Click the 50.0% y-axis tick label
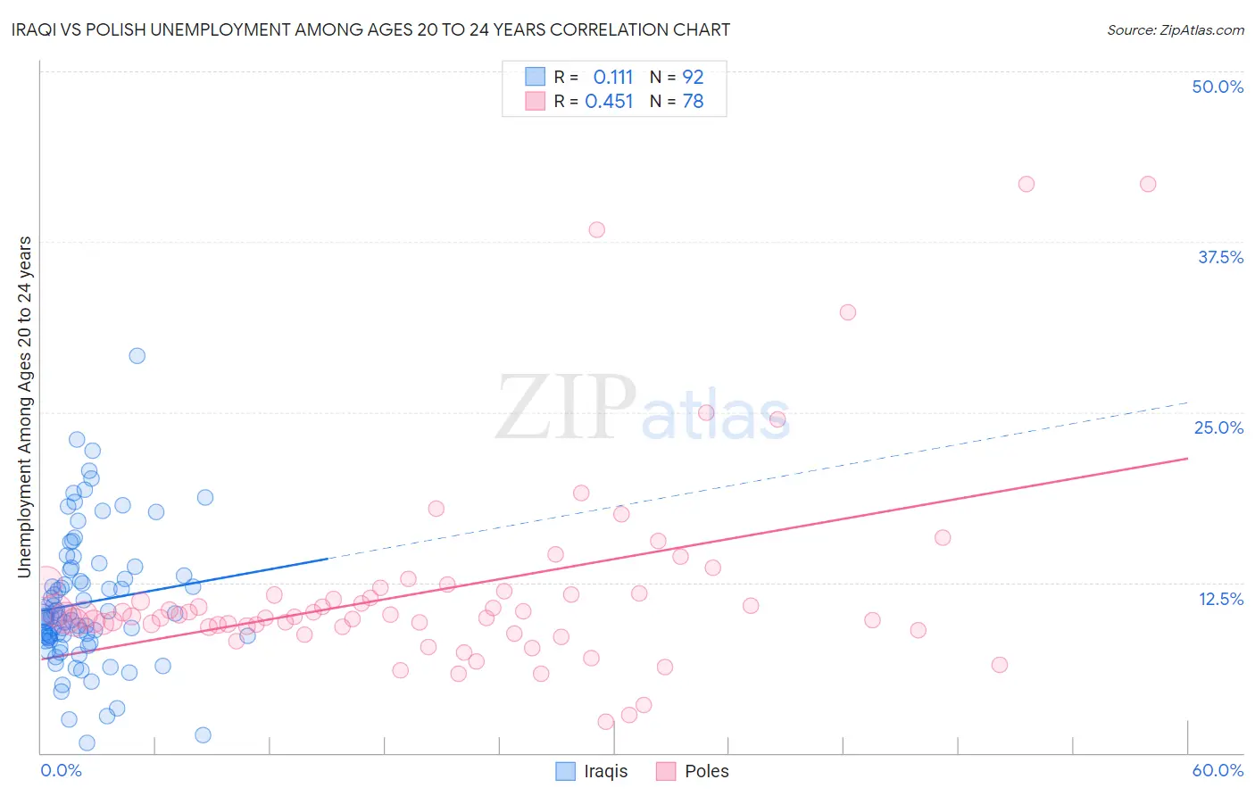1218,87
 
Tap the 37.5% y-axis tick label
1220,257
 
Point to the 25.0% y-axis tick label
1218,427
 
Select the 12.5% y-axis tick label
1220,599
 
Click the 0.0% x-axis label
61,770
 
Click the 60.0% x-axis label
1218,770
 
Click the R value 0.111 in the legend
612,78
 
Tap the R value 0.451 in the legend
609,102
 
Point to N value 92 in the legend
693,78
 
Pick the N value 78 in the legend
693,102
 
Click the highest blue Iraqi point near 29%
137,356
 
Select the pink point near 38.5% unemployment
596,229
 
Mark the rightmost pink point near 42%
1148,184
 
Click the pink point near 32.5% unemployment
848,312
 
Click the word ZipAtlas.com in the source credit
1201,30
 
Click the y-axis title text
24,407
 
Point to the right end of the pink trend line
1187,458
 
